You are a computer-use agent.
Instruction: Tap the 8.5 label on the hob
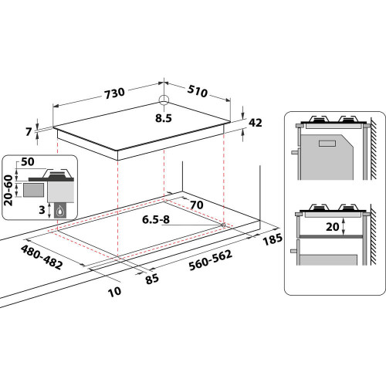point(162,118)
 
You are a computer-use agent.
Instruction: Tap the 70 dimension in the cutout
point(195,205)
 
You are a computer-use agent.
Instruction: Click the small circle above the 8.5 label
point(163,100)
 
